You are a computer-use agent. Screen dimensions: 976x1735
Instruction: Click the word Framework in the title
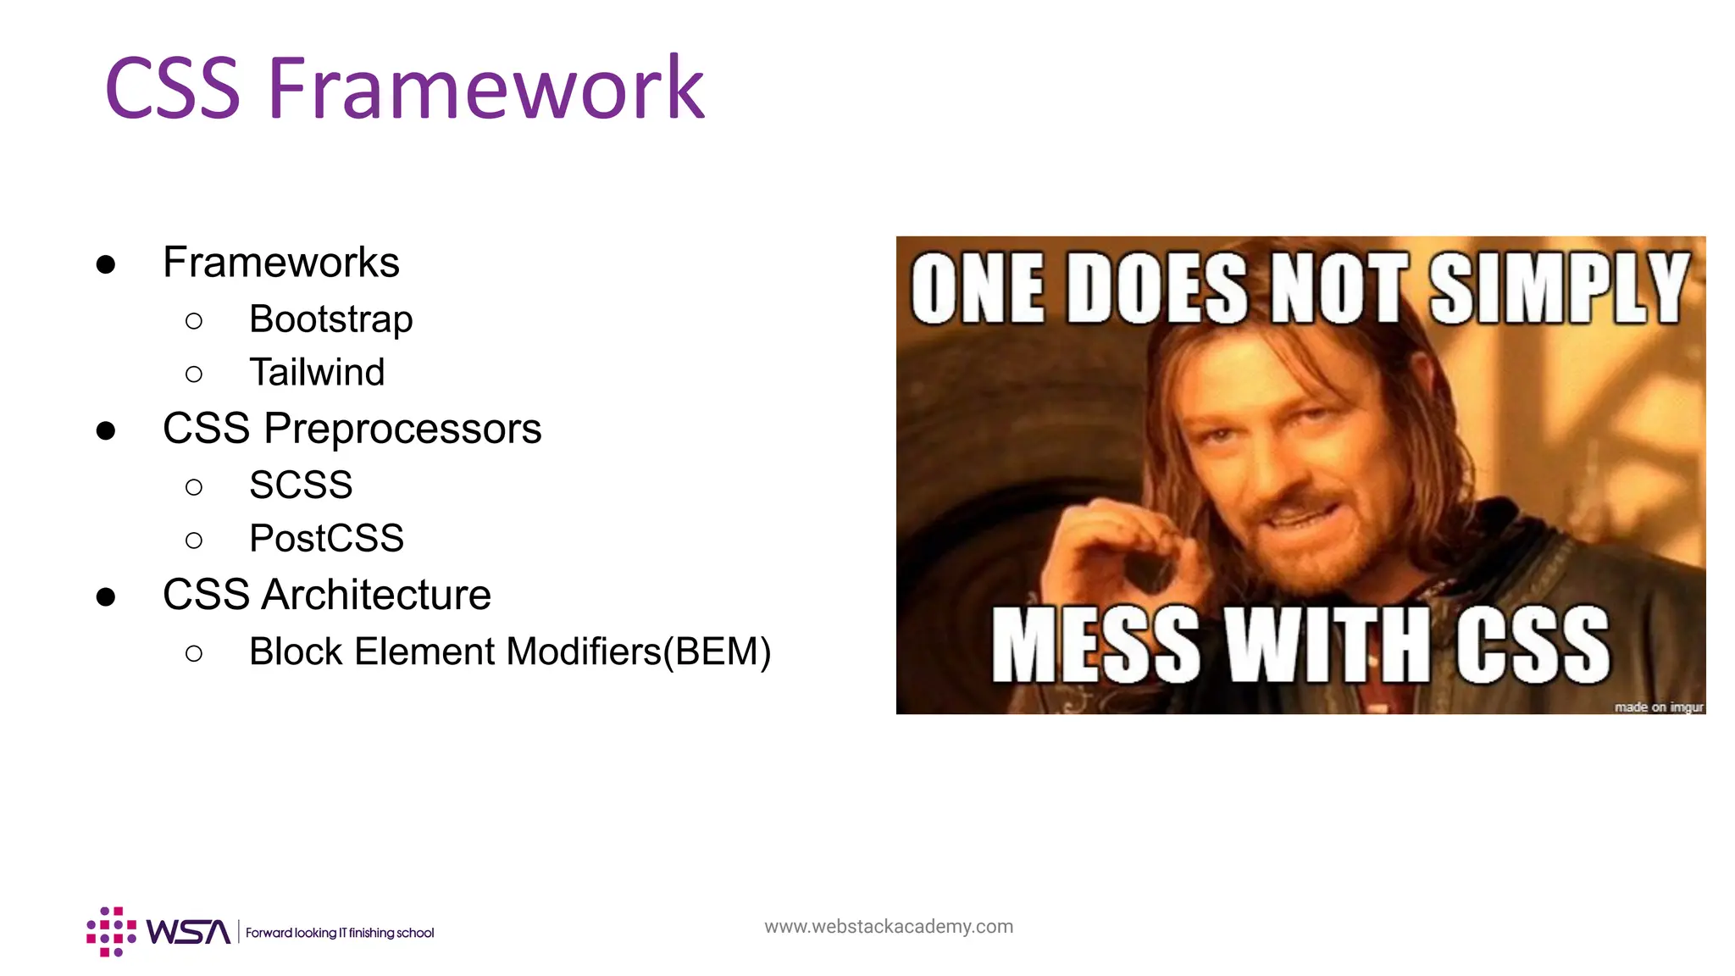point(485,87)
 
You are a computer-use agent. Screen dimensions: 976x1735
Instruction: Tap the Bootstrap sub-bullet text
point(330,319)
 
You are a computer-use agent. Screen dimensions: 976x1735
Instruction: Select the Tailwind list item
point(317,373)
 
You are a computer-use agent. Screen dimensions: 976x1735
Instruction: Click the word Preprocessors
point(402,429)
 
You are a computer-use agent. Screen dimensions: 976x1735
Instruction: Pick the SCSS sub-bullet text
point(301,485)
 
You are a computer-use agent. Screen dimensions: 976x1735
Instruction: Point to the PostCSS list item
point(326,539)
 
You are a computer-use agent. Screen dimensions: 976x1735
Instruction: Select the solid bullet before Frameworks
point(106,265)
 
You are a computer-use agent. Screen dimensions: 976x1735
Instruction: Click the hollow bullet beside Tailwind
point(194,374)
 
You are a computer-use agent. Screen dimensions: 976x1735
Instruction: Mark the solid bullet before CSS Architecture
point(106,597)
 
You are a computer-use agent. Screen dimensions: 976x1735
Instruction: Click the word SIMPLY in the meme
point(1560,289)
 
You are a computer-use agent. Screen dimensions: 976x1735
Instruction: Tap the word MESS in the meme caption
point(1095,646)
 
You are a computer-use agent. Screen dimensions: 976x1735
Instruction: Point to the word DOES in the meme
point(1156,289)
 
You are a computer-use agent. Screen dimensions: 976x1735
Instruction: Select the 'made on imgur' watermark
point(1658,707)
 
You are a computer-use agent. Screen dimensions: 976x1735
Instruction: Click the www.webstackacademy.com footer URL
point(888,927)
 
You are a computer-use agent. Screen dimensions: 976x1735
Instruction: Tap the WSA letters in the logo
point(188,932)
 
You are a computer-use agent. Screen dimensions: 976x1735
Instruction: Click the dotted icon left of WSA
point(111,932)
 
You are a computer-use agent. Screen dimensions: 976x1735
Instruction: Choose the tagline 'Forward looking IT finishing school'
point(340,933)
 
